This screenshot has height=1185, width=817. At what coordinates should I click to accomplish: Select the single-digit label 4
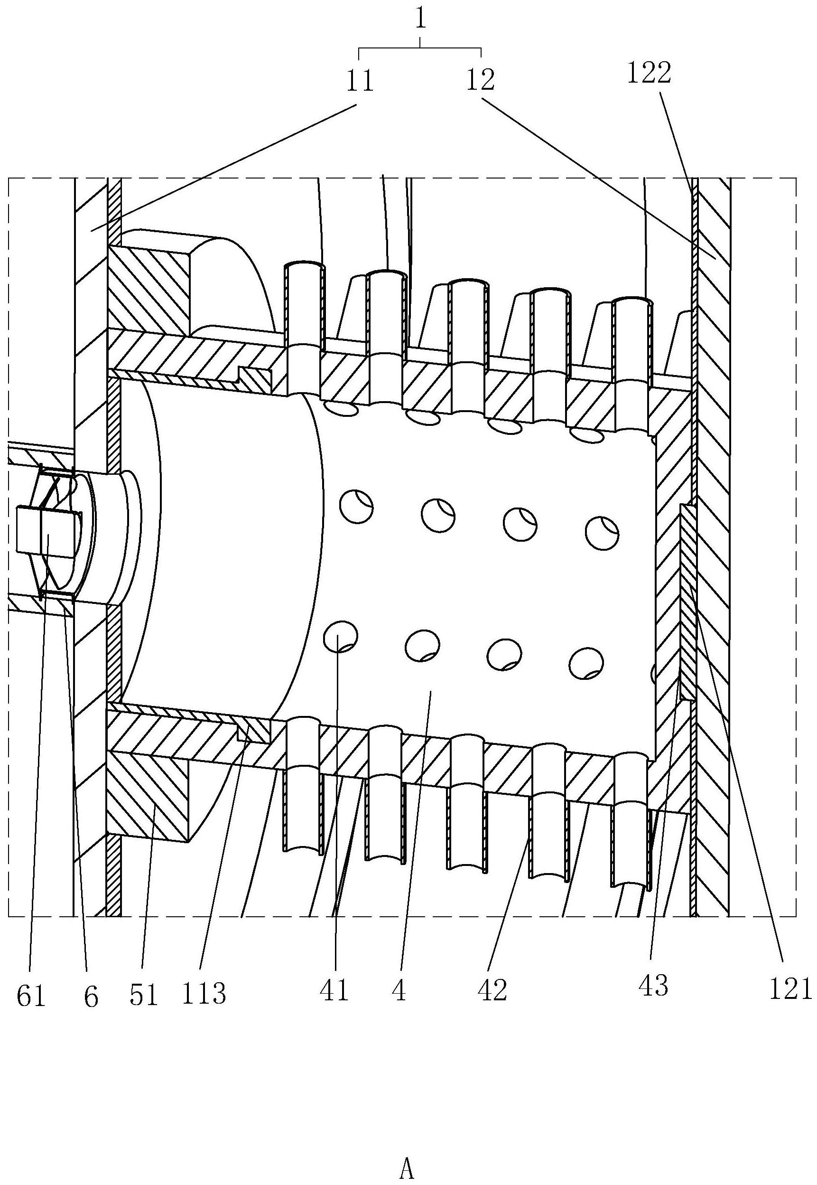(399, 992)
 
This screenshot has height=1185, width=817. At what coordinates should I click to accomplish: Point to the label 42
(492, 992)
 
